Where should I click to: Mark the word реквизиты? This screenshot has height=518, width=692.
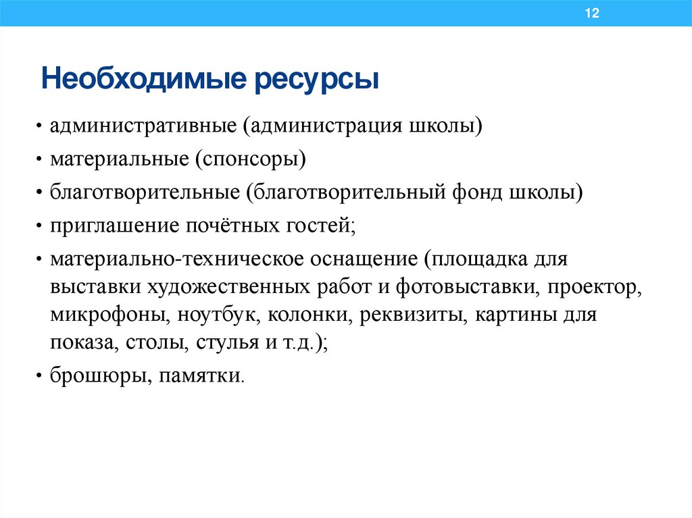pos(414,315)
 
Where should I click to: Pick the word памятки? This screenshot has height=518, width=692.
pos(200,375)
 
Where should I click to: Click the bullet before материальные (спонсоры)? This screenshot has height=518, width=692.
pos(40,161)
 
